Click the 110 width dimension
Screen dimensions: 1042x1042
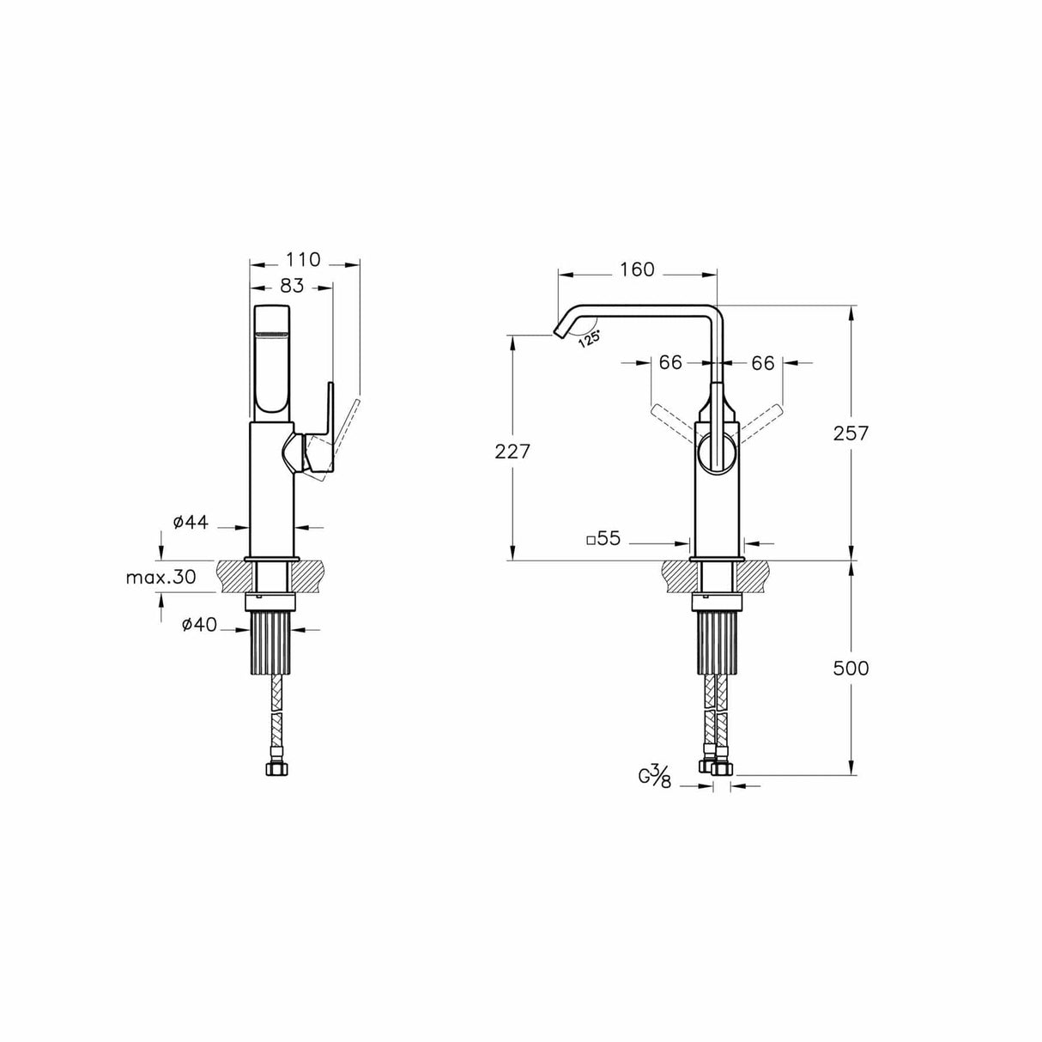303,259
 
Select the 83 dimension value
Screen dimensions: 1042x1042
292,287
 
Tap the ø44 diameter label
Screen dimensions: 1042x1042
191,523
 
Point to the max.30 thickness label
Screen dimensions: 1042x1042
161,577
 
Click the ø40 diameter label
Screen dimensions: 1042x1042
198,626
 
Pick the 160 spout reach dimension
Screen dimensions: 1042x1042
636,270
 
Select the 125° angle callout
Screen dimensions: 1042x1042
588,338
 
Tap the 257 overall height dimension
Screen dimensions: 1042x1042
851,433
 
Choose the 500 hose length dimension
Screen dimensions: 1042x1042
851,668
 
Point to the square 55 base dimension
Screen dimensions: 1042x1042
603,540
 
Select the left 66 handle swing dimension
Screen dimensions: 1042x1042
670,363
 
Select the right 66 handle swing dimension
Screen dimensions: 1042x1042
763,363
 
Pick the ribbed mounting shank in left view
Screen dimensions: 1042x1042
273,644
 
